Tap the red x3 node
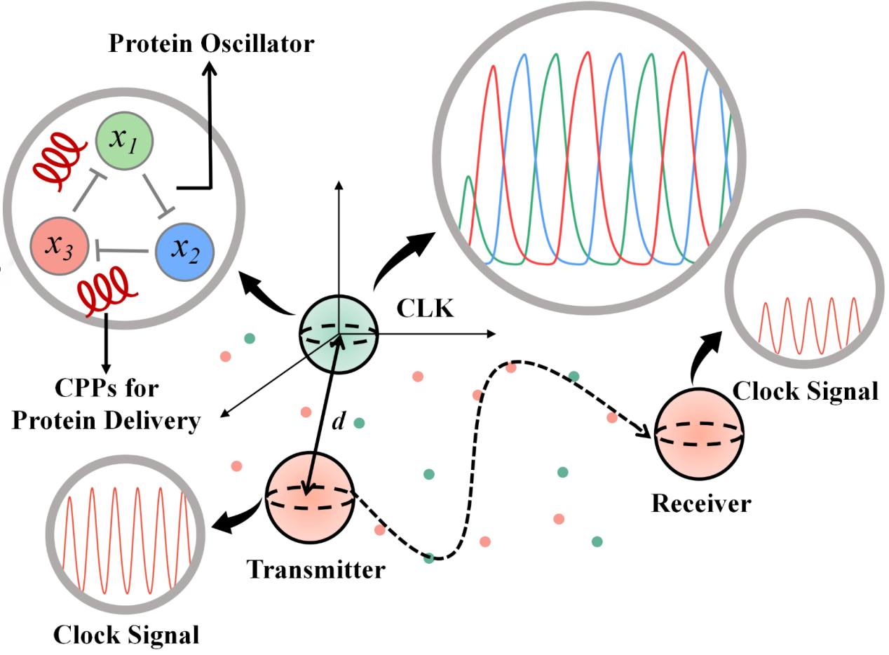point(59,246)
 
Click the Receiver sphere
point(698,434)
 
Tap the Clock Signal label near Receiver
point(805,390)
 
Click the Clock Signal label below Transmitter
point(126,634)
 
